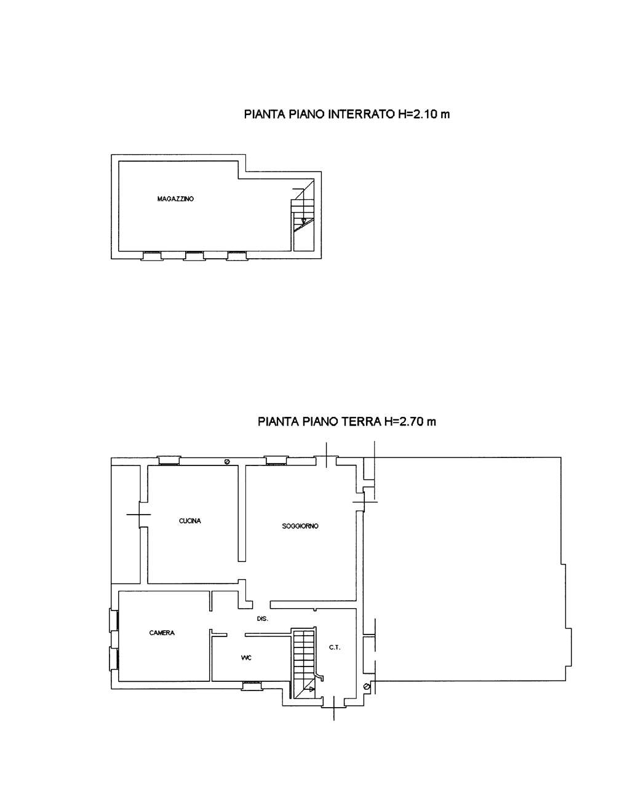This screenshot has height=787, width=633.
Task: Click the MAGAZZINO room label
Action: coord(175,199)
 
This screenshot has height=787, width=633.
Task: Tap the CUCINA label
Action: coord(190,521)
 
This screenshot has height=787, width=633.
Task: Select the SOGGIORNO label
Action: coord(300,526)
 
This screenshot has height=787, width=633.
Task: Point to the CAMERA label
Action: coord(162,633)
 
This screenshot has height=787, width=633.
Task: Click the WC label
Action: coord(246,658)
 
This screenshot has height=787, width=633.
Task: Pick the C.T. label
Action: coord(335,647)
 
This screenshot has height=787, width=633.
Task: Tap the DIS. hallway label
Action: coord(263,619)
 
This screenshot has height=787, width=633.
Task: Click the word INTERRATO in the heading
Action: coord(362,114)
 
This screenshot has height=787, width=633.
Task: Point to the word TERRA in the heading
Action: coord(360,422)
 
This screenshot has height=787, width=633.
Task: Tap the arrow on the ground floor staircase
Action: coord(310,689)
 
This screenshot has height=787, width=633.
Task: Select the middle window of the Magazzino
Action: coord(194,256)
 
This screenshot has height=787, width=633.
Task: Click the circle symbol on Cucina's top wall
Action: coord(227,462)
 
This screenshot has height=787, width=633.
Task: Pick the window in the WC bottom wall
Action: coord(251,686)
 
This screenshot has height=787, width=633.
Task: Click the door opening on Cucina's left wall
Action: coord(140,514)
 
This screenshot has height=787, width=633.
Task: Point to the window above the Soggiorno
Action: coord(276,461)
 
